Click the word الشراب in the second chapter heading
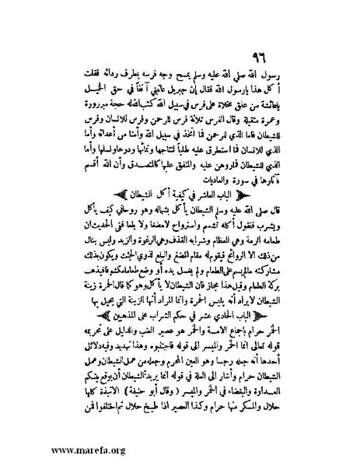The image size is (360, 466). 142,299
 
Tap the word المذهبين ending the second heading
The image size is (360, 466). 100,299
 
